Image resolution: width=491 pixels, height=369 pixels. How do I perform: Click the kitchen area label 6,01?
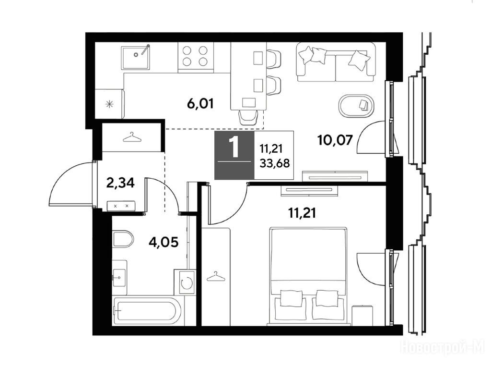click(x=200, y=103)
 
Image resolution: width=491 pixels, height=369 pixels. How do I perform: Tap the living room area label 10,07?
click(x=335, y=140)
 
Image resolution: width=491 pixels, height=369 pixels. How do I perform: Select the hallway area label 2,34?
click(x=120, y=183)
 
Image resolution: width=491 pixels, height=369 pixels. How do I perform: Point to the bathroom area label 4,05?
click(x=164, y=242)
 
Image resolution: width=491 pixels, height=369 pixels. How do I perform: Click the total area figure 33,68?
click(x=275, y=163)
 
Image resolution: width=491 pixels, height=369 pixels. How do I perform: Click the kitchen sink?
click(x=136, y=58)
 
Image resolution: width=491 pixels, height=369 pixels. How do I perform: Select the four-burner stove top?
click(x=196, y=57)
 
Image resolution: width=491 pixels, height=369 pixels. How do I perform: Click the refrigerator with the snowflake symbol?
click(x=110, y=104)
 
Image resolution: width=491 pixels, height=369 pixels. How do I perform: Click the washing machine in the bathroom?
click(x=186, y=282)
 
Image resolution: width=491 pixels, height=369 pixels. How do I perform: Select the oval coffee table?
click(x=356, y=106)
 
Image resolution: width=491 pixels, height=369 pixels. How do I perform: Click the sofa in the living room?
click(x=336, y=62)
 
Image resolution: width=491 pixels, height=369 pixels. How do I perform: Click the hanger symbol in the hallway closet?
click(x=132, y=137)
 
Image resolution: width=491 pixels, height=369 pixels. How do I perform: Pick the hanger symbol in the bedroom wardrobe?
click(x=216, y=276)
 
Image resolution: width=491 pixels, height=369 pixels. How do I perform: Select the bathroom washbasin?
click(x=119, y=277)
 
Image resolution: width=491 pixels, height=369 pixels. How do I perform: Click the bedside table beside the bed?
click(x=362, y=315)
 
